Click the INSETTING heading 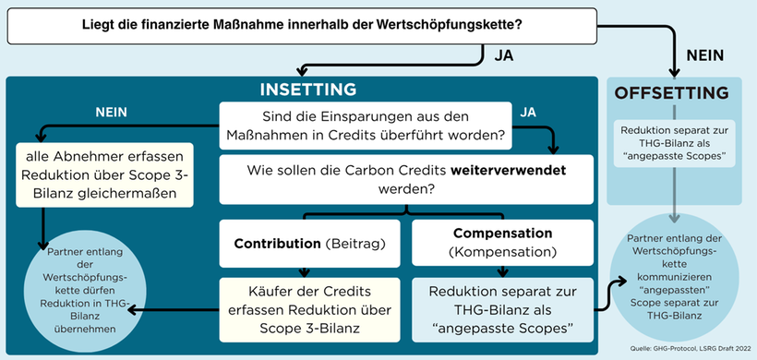[x=307, y=90]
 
